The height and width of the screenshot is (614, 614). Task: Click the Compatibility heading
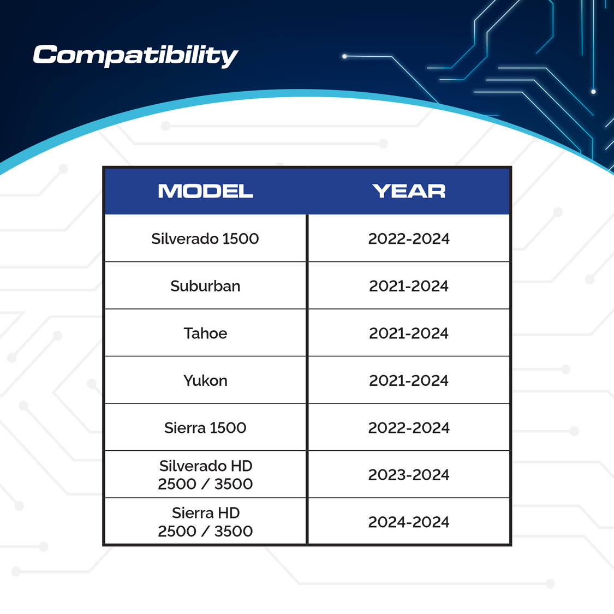(135, 56)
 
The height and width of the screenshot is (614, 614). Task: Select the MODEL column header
(206, 191)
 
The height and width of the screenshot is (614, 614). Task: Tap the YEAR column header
(409, 191)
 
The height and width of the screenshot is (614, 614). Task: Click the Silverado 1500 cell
(205, 239)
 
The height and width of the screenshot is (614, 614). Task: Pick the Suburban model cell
(205, 286)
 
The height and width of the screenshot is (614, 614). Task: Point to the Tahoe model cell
(205, 333)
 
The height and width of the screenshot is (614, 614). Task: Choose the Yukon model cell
(205, 380)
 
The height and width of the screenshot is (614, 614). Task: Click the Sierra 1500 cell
(205, 427)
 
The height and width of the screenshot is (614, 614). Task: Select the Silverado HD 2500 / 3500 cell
(205, 475)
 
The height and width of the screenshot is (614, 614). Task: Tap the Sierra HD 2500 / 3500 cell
(205, 522)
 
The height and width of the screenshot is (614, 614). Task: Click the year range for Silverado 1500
(409, 239)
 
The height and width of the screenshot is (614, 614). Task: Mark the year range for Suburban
(409, 286)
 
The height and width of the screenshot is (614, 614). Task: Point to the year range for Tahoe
(409, 333)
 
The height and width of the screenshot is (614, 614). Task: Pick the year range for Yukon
(409, 380)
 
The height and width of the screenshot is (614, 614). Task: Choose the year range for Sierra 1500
(409, 427)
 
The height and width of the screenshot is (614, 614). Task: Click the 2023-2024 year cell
(409, 475)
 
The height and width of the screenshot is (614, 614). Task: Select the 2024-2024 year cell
(409, 522)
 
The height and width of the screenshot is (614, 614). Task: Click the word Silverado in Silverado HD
(192, 466)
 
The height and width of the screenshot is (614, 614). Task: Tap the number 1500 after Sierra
(228, 427)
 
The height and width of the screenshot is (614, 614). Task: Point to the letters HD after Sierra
(229, 513)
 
